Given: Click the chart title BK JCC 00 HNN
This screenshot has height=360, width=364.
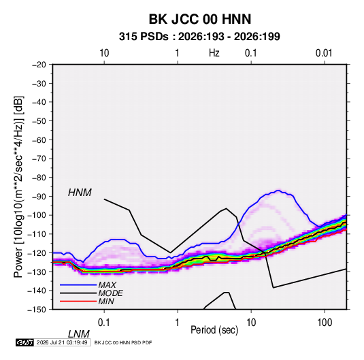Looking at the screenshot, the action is click(200, 19).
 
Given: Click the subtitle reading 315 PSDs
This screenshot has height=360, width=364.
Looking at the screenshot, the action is click(144, 37).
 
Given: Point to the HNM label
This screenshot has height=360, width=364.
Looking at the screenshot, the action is click(80, 193).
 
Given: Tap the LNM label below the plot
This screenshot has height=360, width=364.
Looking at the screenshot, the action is click(79, 334).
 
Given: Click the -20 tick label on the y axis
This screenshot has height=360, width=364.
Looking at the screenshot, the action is click(39, 65).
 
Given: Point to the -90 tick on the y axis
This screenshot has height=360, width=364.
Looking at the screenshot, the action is click(39, 197).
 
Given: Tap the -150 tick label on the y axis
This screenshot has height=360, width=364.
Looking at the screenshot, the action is click(37, 310).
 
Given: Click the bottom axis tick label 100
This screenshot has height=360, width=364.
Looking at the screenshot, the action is click(325, 323).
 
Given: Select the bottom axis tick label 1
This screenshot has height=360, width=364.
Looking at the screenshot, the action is click(178, 323).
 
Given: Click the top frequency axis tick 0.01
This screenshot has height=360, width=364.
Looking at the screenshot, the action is click(324, 53).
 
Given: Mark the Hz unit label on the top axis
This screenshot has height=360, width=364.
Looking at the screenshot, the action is click(214, 53).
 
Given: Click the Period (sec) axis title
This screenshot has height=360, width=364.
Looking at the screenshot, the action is click(214, 330).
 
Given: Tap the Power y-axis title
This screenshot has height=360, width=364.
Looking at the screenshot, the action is click(18, 186).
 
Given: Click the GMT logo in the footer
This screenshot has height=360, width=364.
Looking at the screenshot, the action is click(24, 342).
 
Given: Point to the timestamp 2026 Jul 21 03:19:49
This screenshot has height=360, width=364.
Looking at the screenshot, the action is click(62, 342).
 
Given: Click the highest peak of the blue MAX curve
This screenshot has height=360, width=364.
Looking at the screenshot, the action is click(278, 191).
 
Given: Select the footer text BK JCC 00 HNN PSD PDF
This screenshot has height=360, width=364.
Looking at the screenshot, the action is click(123, 342).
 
